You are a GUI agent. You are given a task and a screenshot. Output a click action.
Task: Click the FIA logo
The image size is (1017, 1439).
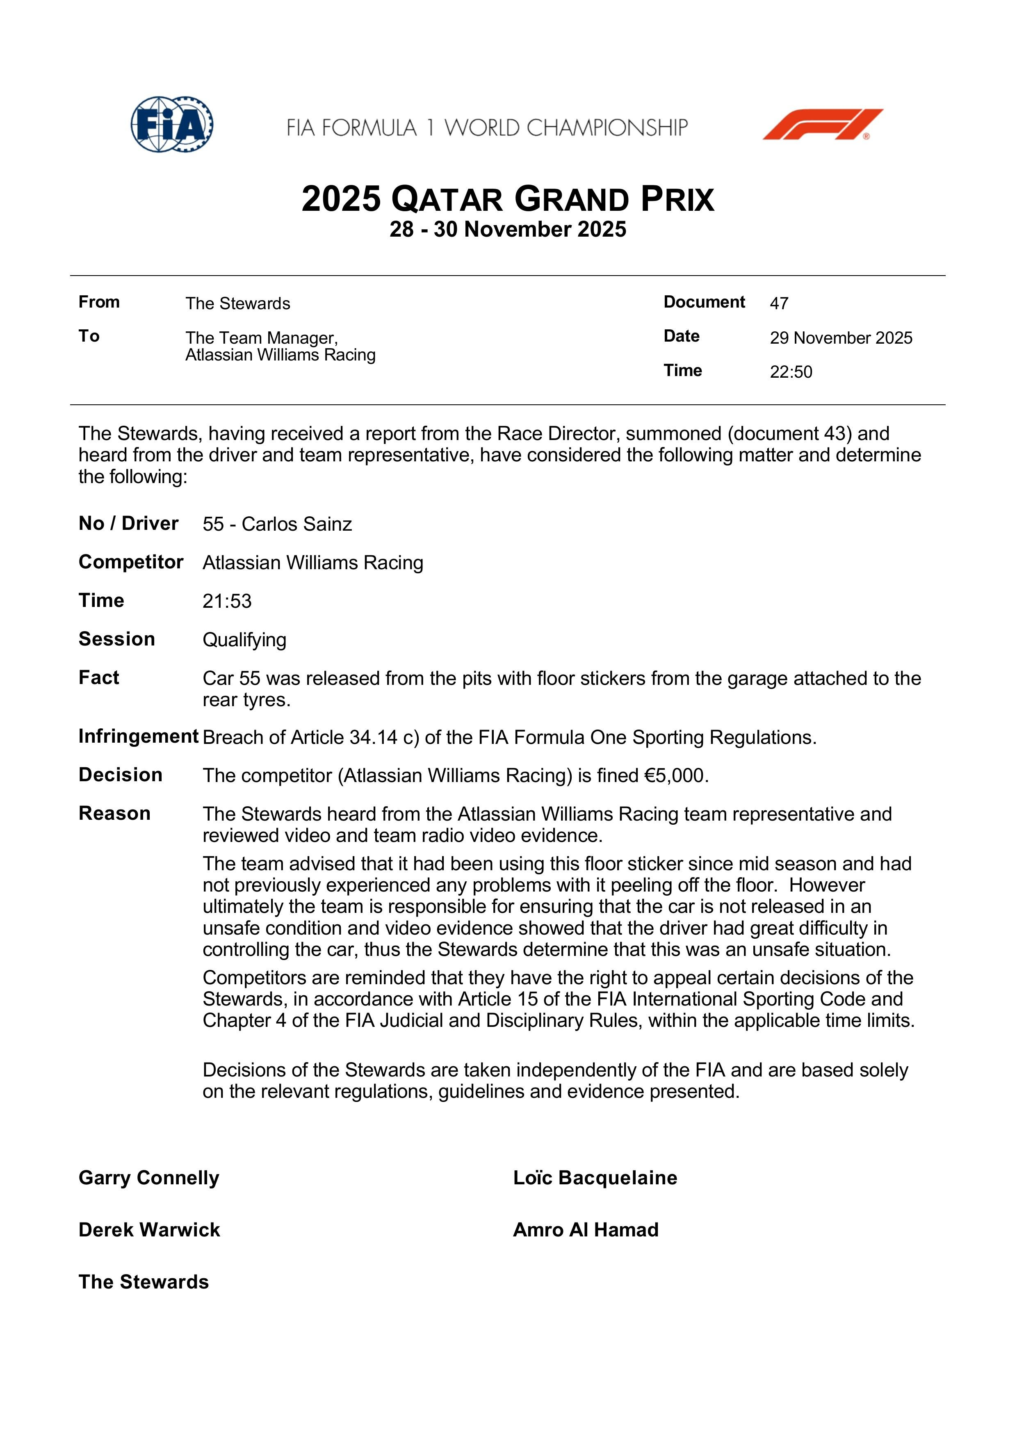172,124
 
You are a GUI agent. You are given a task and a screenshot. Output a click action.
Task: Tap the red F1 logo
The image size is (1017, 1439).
823,124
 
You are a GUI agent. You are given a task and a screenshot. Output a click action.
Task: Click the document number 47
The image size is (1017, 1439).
779,303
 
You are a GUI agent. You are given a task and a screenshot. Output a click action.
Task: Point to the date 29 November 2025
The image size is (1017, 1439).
841,338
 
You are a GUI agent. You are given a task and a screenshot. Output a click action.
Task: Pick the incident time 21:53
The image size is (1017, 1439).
227,601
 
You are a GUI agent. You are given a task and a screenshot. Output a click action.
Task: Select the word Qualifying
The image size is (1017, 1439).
244,640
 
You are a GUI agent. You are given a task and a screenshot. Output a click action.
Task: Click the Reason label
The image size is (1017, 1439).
115,814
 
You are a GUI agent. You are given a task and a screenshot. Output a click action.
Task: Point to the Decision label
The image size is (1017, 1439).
120,775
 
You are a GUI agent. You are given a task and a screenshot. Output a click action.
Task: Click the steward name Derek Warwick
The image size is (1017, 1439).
149,1230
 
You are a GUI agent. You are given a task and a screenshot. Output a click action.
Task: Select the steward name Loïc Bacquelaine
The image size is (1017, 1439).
595,1178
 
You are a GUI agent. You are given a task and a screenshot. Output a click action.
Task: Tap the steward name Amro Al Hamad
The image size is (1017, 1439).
585,1230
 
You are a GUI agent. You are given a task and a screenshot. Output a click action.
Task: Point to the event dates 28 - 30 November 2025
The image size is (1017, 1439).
508,229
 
